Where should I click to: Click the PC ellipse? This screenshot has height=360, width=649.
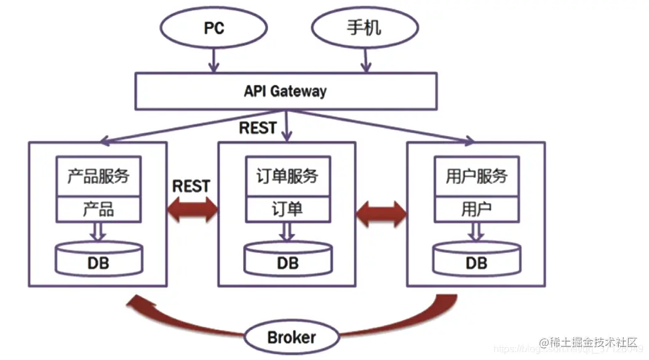coord(213,28)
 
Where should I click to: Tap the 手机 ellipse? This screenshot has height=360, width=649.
coord(365,28)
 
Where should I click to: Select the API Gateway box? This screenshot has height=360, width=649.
coord(285,92)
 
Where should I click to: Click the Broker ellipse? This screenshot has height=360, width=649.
coord(292,337)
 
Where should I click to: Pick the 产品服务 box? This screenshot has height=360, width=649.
coord(98,177)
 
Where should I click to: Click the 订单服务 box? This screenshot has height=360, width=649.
coord(287,177)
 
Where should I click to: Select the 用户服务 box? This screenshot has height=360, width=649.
coord(477,177)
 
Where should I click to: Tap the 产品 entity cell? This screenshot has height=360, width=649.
coord(98,209)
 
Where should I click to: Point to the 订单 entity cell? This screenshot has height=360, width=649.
coord(287,209)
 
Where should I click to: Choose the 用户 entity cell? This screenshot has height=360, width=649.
coord(477,209)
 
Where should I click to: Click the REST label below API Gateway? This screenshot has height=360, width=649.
coord(258,128)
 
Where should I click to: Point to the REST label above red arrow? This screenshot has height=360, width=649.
coord(191,186)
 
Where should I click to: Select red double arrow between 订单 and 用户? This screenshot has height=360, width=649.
coord(381,214)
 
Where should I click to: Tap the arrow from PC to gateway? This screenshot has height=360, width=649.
coord(213,60)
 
